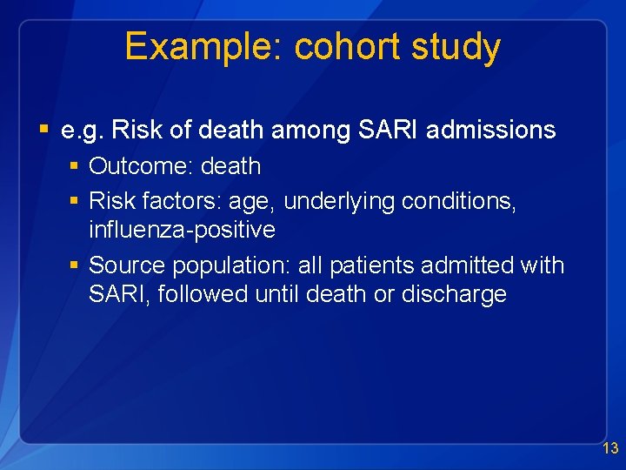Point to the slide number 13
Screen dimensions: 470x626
pyautogui.click(x=610, y=449)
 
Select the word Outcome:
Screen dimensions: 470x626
pyautogui.click(x=141, y=166)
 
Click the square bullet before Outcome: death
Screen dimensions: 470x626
pyautogui.click(x=75, y=166)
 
